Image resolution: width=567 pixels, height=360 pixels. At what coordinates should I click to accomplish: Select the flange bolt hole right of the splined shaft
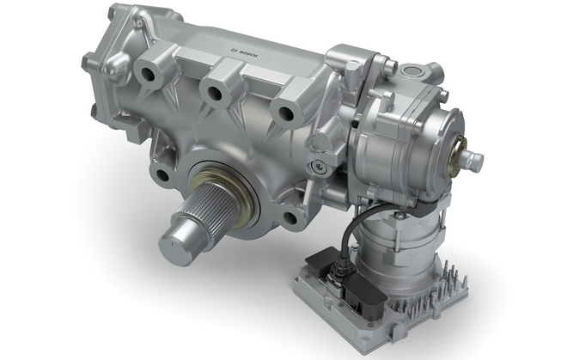coord(291,217)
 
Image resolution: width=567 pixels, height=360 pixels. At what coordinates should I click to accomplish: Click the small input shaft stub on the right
coord(474,158)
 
